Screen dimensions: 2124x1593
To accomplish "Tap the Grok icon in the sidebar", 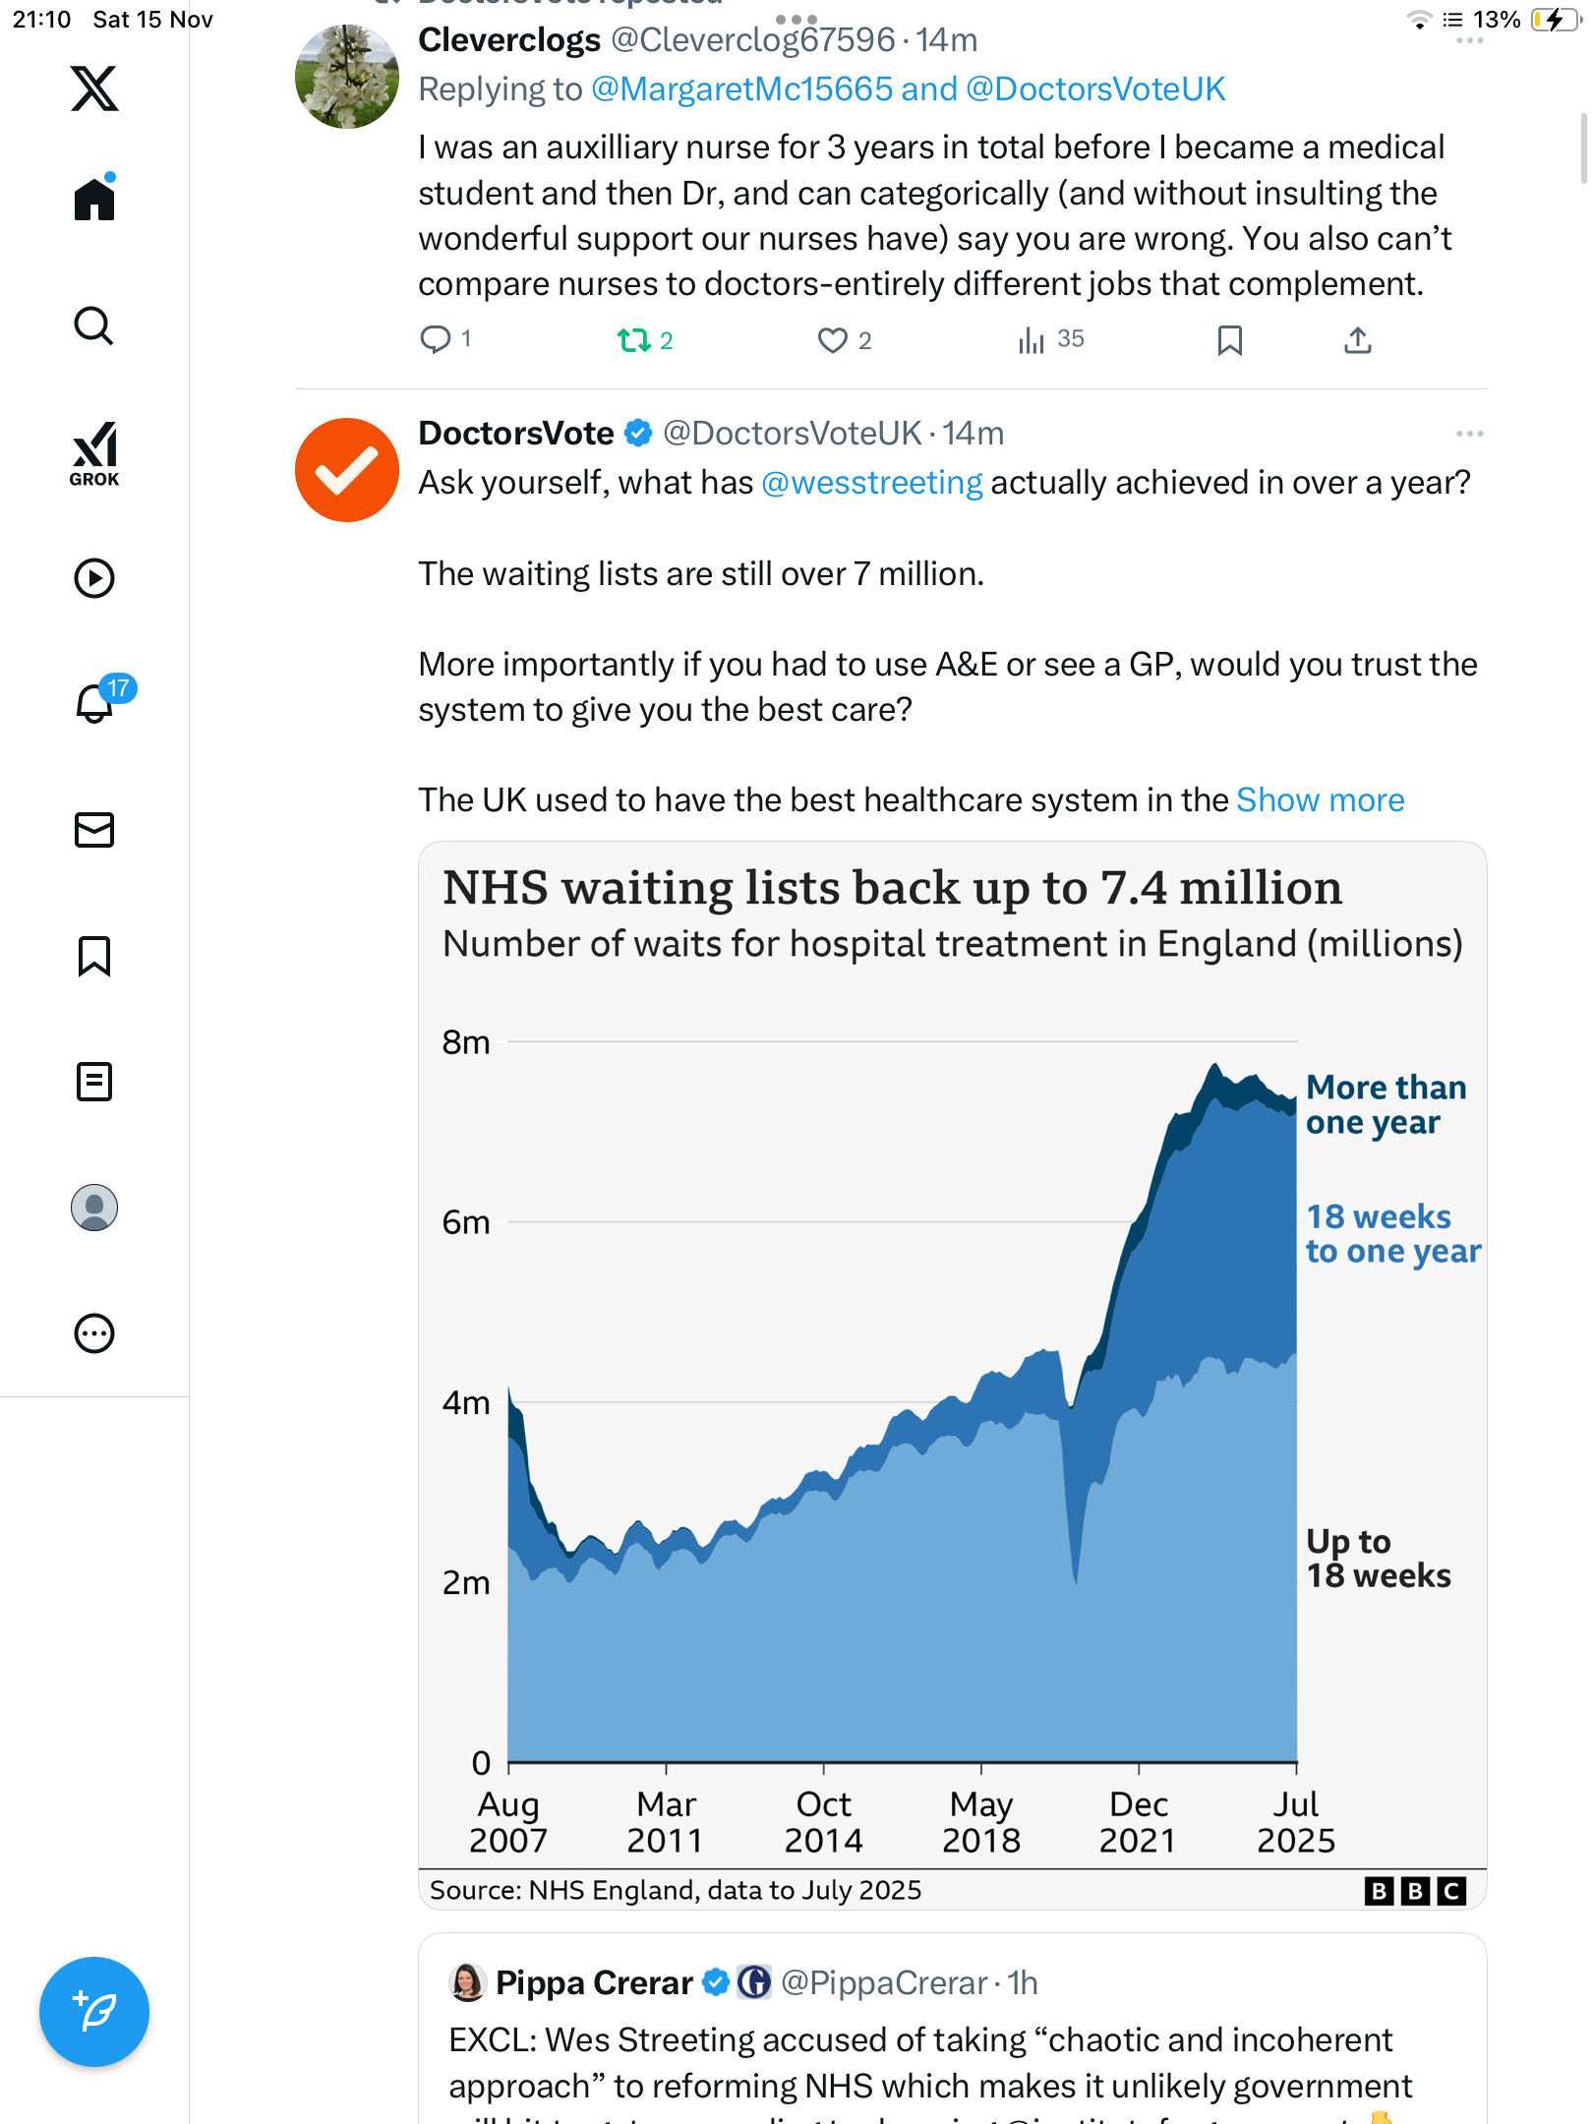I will [x=94, y=453].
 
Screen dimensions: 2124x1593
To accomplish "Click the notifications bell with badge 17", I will [x=95, y=702].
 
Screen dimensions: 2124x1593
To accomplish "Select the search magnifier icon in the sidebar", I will [x=94, y=325].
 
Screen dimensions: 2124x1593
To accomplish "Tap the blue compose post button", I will [x=94, y=2011].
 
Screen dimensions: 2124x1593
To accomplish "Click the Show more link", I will [x=1320, y=800].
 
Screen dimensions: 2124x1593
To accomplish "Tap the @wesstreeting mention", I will [x=871, y=483].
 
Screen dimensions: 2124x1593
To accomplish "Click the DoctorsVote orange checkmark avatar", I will [x=346, y=470].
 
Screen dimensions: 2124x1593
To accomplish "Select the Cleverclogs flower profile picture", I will [x=346, y=77].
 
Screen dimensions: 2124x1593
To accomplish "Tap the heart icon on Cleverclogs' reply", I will [x=832, y=340].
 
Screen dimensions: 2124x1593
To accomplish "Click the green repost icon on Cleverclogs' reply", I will [x=633, y=340].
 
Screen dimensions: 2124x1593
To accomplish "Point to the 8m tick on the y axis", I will [x=465, y=1042].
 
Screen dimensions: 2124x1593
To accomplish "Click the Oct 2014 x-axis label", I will [x=823, y=1822].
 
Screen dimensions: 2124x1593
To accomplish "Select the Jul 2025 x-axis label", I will [x=1295, y=1822].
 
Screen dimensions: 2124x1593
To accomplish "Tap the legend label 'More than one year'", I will [x=1385, y=1104].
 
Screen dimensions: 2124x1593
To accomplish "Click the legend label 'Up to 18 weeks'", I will [x=1377, y=1559].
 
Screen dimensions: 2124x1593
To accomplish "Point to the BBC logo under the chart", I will [x=1415, y=1891].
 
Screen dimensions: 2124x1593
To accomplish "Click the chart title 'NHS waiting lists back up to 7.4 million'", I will [x=892, y=888].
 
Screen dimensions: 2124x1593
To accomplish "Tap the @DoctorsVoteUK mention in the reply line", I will [x=1095, y=89].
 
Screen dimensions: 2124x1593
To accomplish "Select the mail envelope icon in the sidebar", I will [x=94, y=830].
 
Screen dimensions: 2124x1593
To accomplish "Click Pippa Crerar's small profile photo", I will [x=467, y=1983].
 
